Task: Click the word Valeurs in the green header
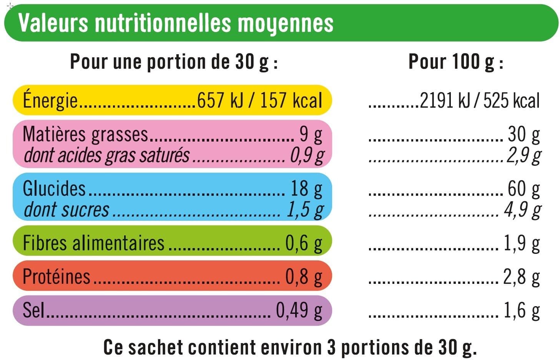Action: point(53,23)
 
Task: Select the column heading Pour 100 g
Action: point(456,62)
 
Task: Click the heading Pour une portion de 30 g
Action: point(174,62)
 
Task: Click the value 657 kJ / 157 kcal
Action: point(259,100)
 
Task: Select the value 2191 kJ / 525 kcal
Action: point(480,100)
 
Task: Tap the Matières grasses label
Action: point(85,135)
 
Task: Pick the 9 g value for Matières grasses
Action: point(311,135)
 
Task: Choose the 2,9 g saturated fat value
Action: point(524,156)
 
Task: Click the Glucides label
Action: point(54,188)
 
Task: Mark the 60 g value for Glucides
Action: point(524,189)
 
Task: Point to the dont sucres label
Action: point(66,210)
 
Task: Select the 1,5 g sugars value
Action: point(305,210)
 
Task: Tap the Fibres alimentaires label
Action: point(93,243)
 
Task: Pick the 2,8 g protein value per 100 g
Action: point(522,277)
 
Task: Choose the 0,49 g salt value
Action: point(299,311)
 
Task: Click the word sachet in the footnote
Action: point(156,347)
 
